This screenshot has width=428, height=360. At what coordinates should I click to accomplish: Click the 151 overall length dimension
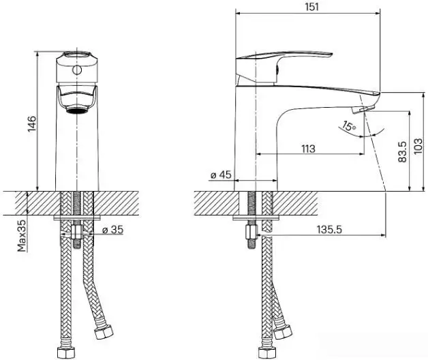308,5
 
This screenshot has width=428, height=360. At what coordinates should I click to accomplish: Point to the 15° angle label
349,126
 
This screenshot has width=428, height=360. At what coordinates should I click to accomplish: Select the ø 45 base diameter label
221,175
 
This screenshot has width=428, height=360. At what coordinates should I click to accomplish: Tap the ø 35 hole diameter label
113,230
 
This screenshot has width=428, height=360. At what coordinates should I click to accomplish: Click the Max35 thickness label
22,235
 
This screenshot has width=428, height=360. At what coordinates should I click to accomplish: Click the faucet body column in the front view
77,150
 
